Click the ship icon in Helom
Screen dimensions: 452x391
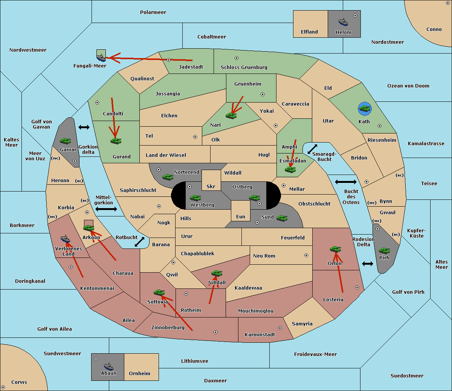[343, 22]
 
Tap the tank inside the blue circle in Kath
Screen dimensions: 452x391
[365, 108]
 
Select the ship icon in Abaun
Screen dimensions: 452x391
[108, 366]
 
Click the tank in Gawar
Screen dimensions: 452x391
[66, 141]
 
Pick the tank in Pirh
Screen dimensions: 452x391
[384, 251]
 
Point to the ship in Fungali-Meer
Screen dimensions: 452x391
[101, 58]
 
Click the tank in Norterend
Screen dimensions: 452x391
[168, 177]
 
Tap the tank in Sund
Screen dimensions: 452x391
[282, 218]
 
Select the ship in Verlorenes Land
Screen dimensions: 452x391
[65, 239]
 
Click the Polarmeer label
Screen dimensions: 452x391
[153, 12]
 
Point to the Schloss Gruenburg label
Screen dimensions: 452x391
[244, 67]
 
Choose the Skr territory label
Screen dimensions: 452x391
[211, 186]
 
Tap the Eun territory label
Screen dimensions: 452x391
[241, 216]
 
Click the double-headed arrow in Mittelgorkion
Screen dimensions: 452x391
[106, 209]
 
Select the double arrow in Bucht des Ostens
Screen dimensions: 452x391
[346, 182]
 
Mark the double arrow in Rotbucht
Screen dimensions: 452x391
[139, 242]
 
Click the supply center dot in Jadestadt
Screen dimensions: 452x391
[169, 60]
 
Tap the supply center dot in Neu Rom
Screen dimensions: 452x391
[306, 255]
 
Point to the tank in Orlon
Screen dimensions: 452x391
[335, 249]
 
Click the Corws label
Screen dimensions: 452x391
[19, 382]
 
